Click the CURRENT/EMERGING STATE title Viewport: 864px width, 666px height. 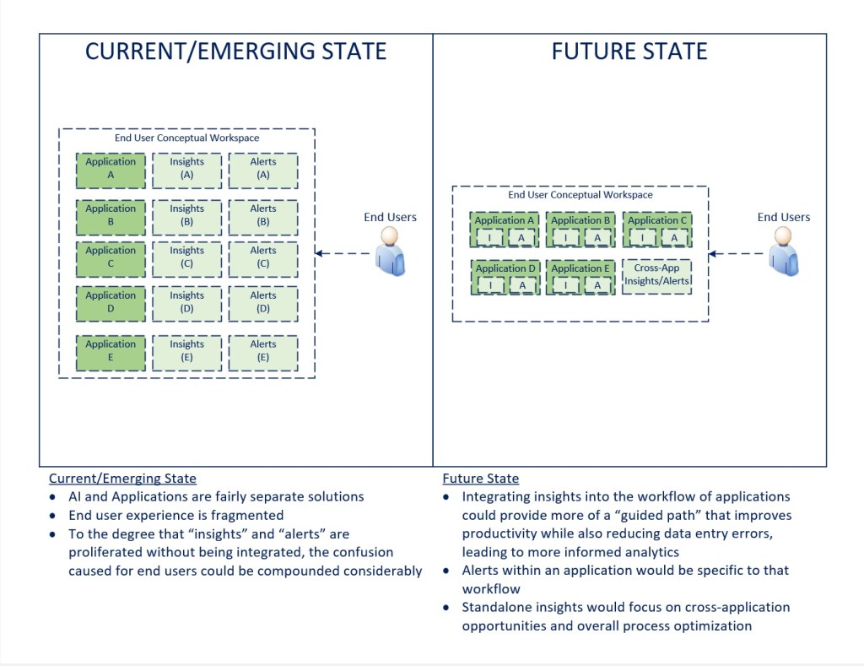[235, 51]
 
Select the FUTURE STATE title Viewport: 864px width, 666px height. [629, 51]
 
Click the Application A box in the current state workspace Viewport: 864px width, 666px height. [111, 170]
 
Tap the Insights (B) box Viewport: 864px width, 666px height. [186, 216]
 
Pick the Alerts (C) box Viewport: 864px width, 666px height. [263, 257]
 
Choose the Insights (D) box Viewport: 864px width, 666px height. [186, 302]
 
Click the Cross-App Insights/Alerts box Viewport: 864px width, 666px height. [656, 276]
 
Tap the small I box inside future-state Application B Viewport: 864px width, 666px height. [565, 238]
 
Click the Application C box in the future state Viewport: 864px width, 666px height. [656, 221]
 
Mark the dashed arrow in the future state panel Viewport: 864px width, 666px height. [738, 253]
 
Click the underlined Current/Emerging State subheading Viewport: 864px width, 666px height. [122, 479]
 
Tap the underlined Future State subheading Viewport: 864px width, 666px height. [480, 479]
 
